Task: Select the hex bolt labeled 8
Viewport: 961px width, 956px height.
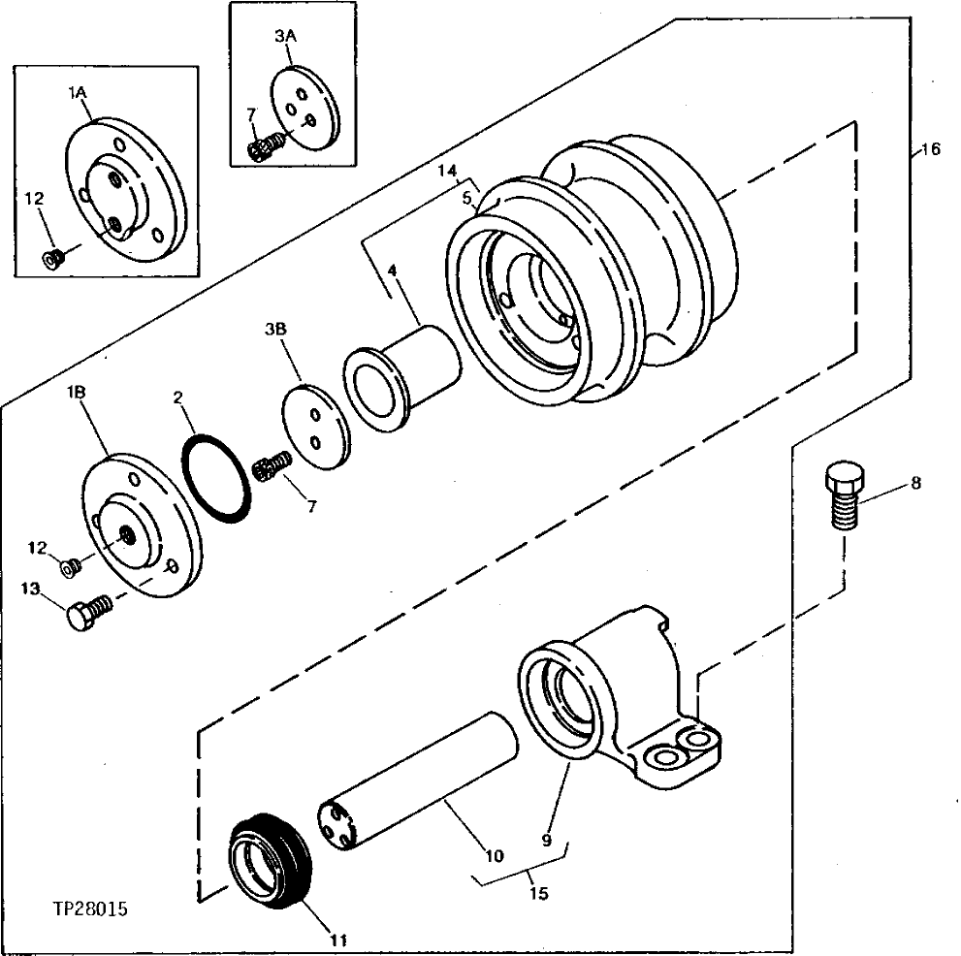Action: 843,497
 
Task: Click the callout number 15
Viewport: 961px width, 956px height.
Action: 538,892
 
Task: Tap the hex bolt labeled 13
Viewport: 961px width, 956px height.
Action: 87,614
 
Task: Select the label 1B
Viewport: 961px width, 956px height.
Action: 78,394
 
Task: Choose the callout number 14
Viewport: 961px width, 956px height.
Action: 446,171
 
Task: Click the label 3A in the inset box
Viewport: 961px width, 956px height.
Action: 284,36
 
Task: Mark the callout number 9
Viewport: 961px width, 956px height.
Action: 546,842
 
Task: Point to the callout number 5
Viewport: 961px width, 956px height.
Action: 466,199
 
